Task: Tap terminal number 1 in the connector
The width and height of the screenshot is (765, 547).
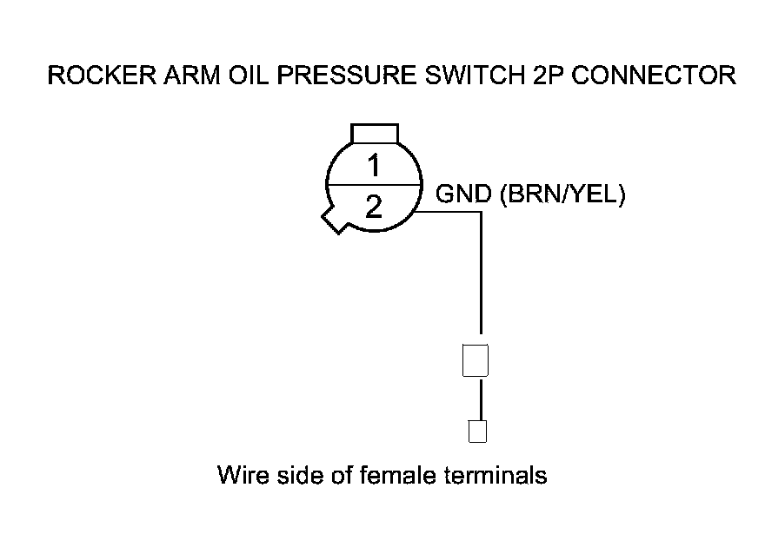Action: [374, 165]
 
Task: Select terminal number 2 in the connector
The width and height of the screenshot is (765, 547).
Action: [374, 208]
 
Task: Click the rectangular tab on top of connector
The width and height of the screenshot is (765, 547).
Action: [374, 133]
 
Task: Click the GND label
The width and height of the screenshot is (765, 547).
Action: [463, 195]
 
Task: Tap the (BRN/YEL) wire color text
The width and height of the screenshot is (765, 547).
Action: [562, 195]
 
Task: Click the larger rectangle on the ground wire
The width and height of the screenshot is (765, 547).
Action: [476, 359]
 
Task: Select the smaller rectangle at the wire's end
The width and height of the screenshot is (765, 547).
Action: [476, 430]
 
